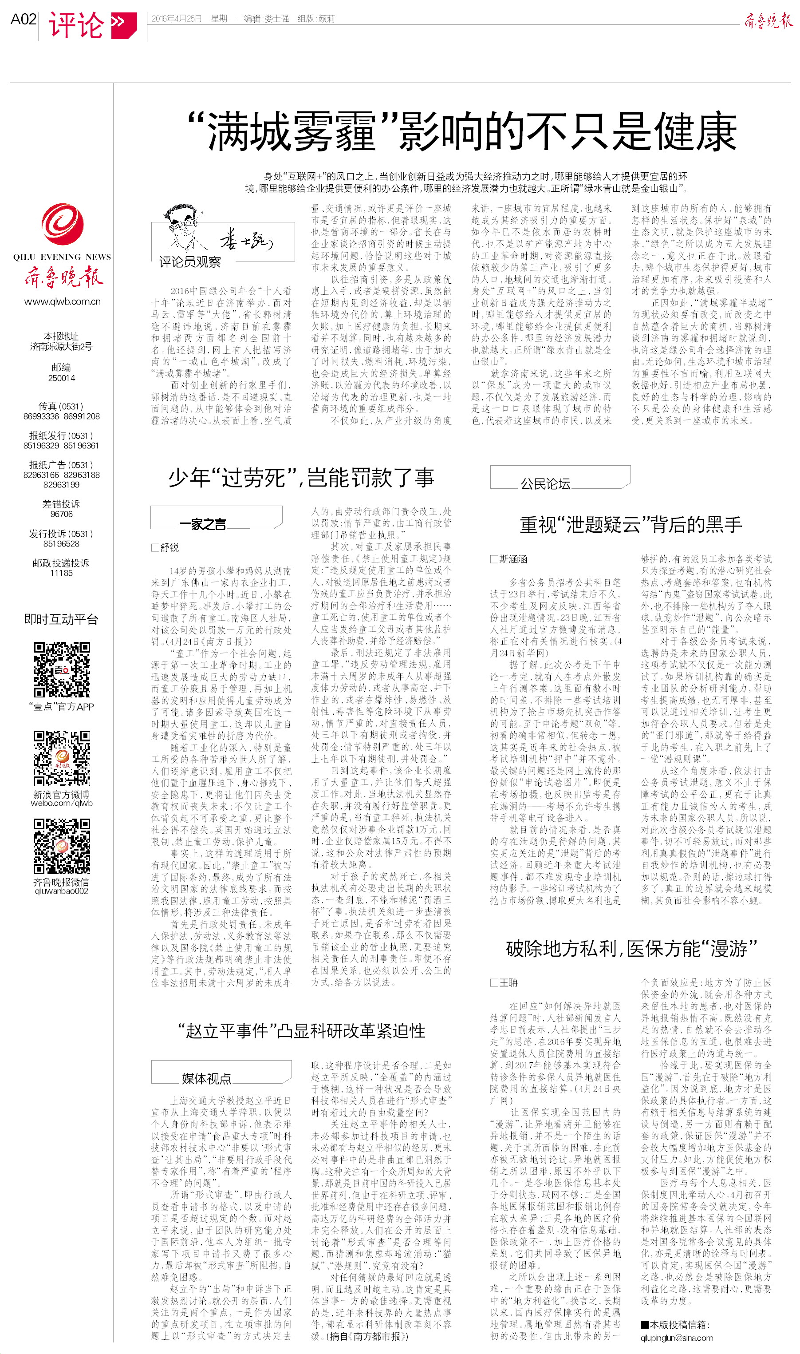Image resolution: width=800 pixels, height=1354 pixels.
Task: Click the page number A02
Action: [23, 20]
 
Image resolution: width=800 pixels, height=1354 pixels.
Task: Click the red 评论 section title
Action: [76, 25]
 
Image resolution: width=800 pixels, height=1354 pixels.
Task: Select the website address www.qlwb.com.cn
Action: [62, 301]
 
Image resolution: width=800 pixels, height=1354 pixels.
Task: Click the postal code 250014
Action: [62, 378]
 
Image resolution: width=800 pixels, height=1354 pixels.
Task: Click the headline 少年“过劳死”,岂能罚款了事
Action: [301, 478]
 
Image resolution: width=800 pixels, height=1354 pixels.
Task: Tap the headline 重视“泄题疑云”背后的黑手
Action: [631, 524]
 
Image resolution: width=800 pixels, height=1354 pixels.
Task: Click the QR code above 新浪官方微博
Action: [62, 759]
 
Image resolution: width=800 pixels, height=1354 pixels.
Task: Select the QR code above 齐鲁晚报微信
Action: [62, 846]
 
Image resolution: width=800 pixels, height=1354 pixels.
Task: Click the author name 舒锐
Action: [169, 547]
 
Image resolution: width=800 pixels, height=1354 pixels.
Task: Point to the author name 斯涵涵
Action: [512, 559]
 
